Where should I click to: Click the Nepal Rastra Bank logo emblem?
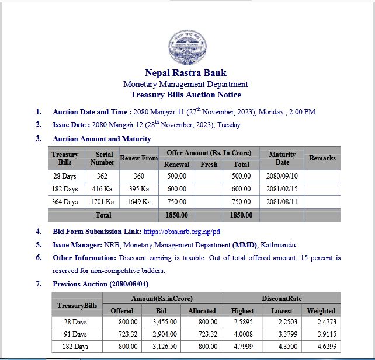[x=187, y=47]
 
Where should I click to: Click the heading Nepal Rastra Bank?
[x=186, y=73]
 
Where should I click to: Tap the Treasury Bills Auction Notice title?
[x=186, y=95]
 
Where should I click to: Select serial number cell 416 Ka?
[x=102, y=189]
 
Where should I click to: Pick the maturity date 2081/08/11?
[x=282, y=202]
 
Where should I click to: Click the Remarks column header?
[x=322, y=158]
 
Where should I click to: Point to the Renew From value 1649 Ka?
[x=138, y=202]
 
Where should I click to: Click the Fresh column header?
[x=209, y=165]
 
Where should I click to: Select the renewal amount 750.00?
[x=176, y=202]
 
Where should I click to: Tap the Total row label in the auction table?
[x=103, y=215]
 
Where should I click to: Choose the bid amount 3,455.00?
[x=162, y=321]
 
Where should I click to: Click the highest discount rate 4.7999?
[x=242, y=347]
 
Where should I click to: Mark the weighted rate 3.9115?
[x=321, y=334]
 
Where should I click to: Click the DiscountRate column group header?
[x=282, y=298]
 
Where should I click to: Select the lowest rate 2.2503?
[x=282, y=321]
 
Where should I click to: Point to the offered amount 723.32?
[x=122, y=334]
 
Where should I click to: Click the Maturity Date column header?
[x=282, y=158]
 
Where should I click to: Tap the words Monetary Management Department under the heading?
[x=186, y=84]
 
